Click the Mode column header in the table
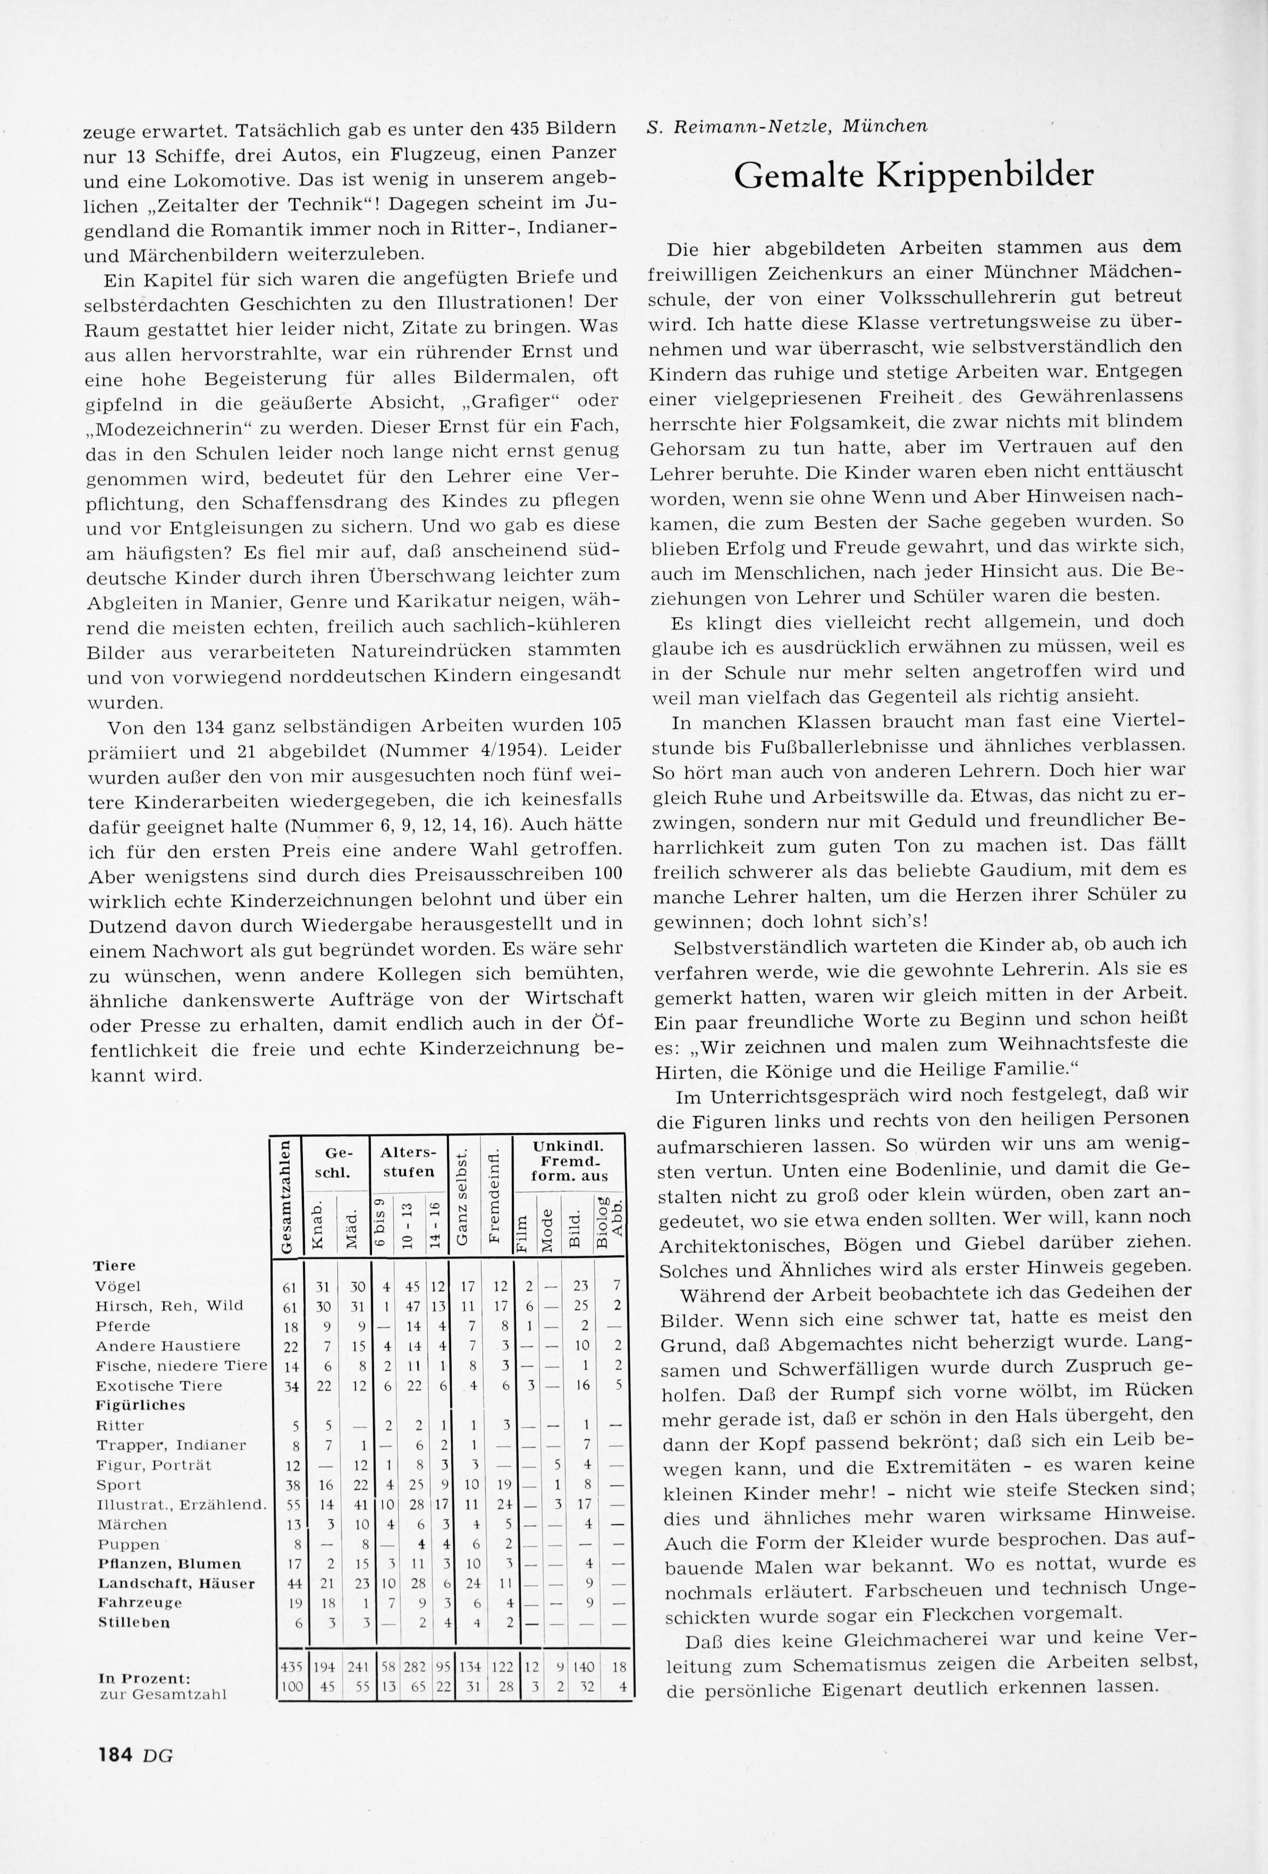click(x=546, y=1226)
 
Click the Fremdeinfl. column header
click(x=494, y=1195)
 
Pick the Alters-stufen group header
click(x=408, y=1161)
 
